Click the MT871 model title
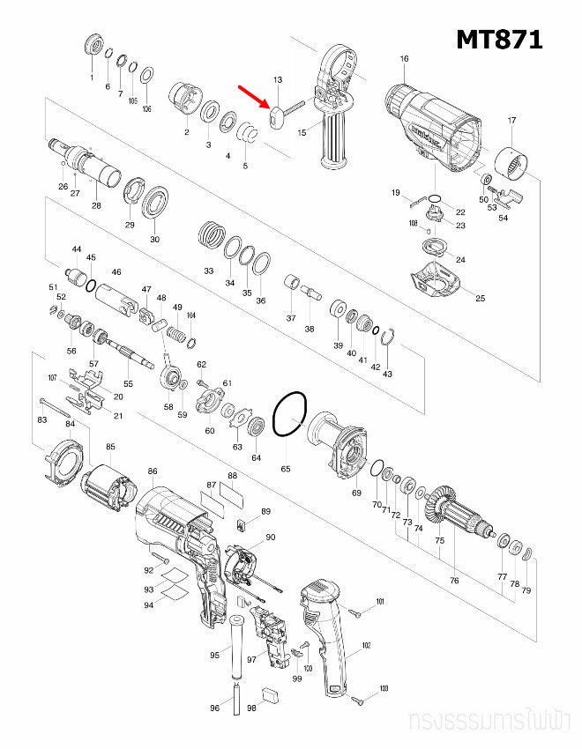click(499, 39)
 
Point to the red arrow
click(253, 98)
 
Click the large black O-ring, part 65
click(289, 414)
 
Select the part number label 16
click(404, 59)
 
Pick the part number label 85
click(110, 446)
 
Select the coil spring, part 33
click(210, 235)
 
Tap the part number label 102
click(366, 645)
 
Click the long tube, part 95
click(238, 649)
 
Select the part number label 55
click(128, 384)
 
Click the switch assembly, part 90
click(242, 565)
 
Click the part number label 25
click(480, 298)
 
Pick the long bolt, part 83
click(54, 407)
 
